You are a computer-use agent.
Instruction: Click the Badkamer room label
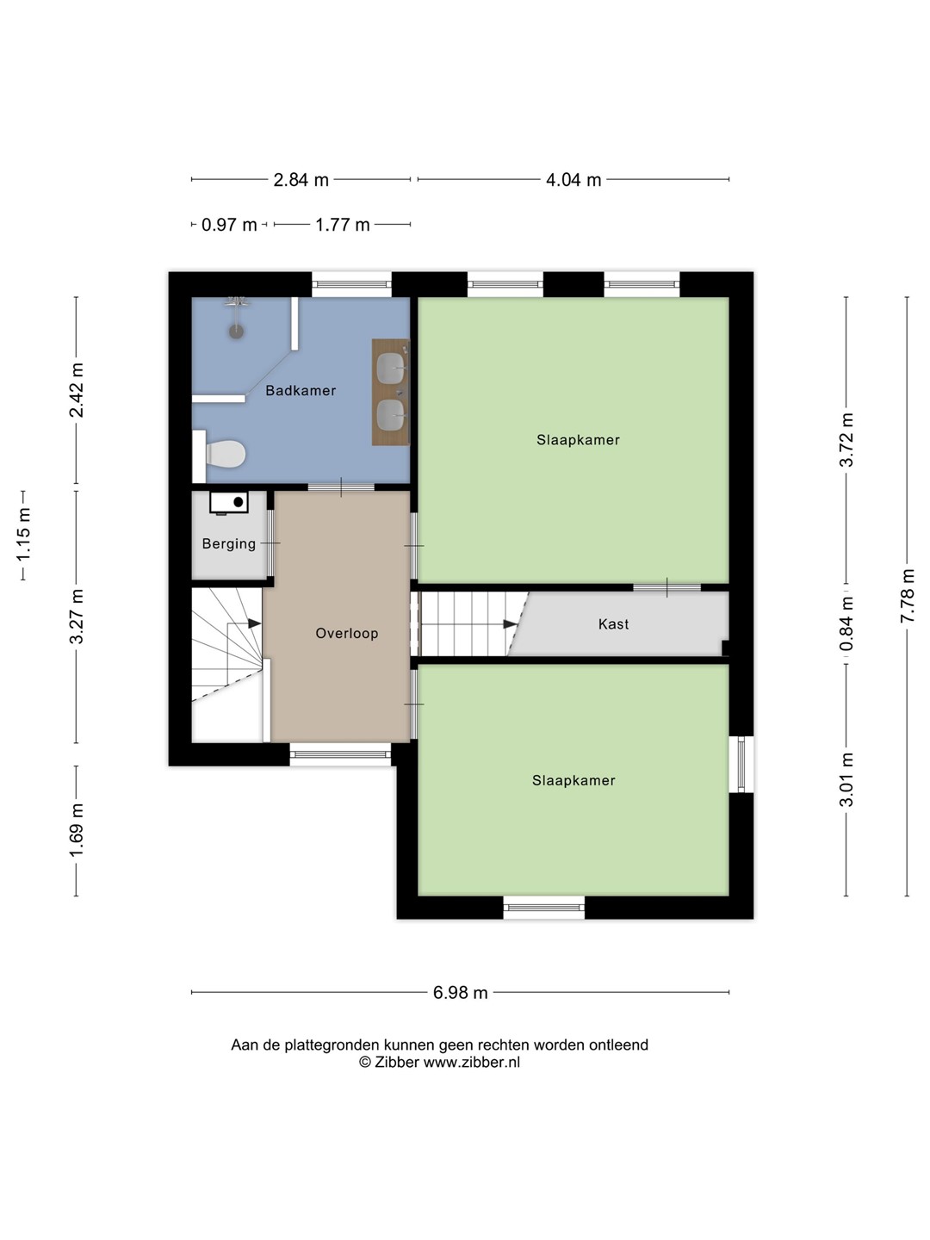tap(301, 390)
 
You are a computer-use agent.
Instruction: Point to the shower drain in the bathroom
tap(236, 331)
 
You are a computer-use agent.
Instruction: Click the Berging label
tap(229, 543)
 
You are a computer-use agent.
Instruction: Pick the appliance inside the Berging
tap(229, 502)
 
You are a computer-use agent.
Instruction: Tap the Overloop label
tap(347, 633)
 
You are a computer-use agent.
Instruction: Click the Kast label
tap(613, 624)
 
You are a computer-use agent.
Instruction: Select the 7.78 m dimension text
tap(906, 595)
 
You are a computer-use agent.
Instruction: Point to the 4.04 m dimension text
tap(573, 180)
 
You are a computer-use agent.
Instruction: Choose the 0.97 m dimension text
tap(229, 225)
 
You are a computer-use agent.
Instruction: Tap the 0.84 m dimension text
tap(846, 623)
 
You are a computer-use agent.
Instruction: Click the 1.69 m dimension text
tap(77, 830)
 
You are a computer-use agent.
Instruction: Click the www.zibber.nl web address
tap(472, 1062)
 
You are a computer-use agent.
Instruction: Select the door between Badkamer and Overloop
tap(341, 487)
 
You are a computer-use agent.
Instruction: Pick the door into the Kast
tap(666, 587)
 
